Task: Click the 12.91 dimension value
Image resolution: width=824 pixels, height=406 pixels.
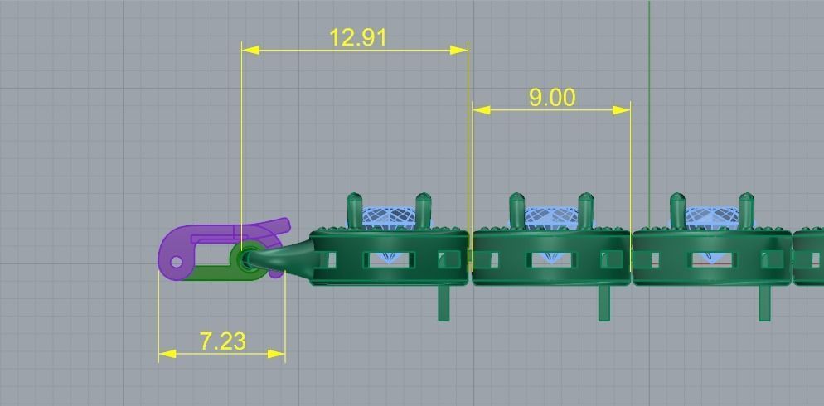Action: [x=358, y=37]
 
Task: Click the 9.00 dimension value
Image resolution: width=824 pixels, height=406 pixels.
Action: [x=551, y=97]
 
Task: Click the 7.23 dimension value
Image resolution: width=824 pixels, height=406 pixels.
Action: [x=222, y=341]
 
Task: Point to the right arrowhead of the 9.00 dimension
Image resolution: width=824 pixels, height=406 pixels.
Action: [x=622, y=109]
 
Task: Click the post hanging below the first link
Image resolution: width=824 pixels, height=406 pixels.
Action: [x=444, y=302]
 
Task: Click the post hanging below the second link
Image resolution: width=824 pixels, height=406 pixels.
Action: [x=604, y=302]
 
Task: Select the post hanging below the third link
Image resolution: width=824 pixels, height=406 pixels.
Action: [x=764, y=302]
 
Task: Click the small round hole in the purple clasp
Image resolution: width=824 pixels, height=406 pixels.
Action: [x=176, y=262]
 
